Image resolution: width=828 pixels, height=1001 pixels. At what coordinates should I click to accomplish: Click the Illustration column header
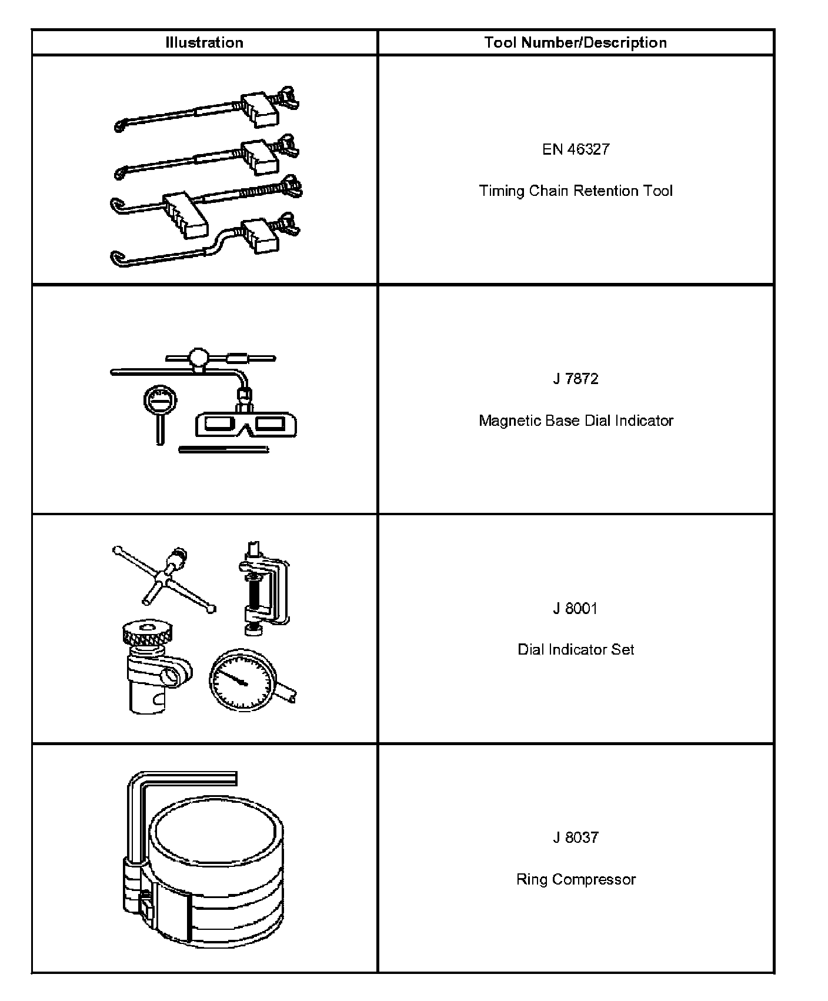point(204,42)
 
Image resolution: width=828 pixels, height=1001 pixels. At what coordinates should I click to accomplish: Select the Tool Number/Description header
point(575,42)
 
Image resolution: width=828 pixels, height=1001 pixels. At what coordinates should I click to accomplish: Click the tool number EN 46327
point(576,149)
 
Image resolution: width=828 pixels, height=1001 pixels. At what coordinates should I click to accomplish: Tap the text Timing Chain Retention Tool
point(576,191)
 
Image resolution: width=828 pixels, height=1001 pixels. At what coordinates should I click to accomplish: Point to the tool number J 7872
point(576,379)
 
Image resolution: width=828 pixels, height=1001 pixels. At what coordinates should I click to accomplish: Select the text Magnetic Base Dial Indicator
point(576,421)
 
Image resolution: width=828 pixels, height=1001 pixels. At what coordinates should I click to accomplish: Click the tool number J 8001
point(576,608)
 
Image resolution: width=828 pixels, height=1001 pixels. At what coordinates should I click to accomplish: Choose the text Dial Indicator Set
point(576,650)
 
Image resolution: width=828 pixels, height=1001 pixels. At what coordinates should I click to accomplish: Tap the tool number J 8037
point(576,837)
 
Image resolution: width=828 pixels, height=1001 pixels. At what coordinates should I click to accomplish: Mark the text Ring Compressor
point(576,879)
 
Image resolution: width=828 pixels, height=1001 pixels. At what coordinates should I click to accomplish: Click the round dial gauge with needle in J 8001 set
point(242,680)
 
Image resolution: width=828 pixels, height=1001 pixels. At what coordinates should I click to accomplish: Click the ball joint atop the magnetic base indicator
point(198,356)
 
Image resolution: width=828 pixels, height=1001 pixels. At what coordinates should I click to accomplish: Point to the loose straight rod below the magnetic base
point(223,450)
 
